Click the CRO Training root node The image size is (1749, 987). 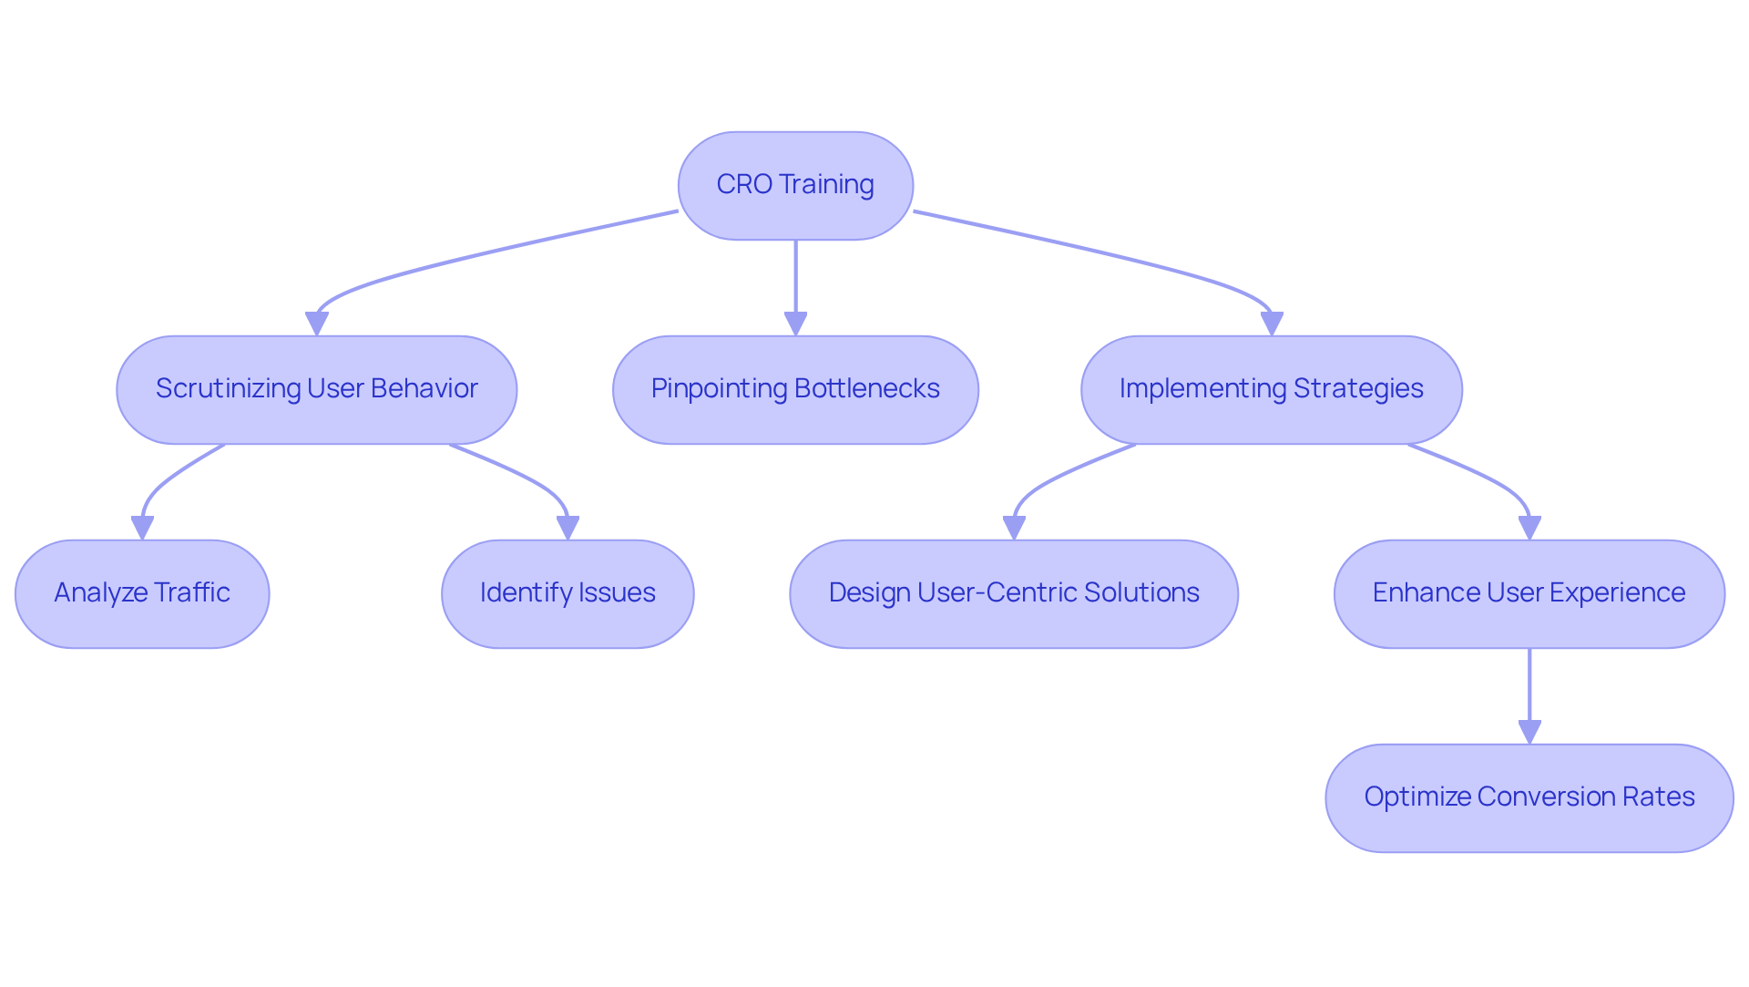pos(795,185)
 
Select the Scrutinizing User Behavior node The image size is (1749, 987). pos(316,389)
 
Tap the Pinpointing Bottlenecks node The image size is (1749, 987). pos(795,389)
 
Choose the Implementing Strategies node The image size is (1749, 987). pos(1271,389)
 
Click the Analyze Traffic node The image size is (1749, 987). pos(142,593)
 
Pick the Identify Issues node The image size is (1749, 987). pos(568,593)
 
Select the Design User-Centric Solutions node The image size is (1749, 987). pos(1013,593)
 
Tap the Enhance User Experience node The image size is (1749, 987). pos(1529,593)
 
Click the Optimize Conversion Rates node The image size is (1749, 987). pos(1529,797)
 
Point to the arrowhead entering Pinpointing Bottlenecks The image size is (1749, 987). pos(795,324)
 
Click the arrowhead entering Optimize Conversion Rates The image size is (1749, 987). pos(1529,732)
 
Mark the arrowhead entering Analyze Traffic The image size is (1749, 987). pos(142,528)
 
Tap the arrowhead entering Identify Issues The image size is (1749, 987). pos(568,528)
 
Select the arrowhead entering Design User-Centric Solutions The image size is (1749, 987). pos(1014,528)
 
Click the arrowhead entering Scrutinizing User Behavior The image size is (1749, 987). pos(316,324)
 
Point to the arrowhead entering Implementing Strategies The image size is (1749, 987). pos(1272,324)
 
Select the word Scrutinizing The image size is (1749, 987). pos(228,389)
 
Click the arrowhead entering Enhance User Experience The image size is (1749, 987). pos(1529,528)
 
